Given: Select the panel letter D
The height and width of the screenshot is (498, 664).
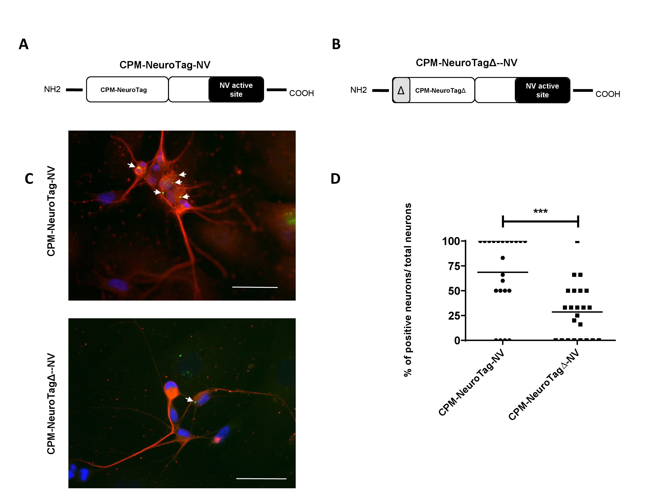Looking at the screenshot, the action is click(x=335, y=179).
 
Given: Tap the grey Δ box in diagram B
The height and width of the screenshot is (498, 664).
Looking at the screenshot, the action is click(x=401, y=90).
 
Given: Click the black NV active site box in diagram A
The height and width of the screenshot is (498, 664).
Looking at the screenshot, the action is click(x=236, y=89).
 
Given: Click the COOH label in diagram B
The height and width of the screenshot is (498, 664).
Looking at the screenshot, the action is click(x=608, y=94).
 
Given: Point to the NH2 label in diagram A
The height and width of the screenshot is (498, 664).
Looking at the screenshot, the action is click(x=52, y=89).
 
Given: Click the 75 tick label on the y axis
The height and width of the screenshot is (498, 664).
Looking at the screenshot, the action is click(x=454, y=266).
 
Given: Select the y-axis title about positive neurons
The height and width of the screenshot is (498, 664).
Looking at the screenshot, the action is click(x=408, y=290).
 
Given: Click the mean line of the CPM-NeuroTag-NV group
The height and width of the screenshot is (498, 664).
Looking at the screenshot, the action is click(x=502, y=272).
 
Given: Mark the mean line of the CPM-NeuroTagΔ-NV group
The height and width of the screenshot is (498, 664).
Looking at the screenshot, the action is click(x=577, y=312).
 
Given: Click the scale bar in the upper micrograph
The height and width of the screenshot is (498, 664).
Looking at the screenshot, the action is click(x=255, y=287).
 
